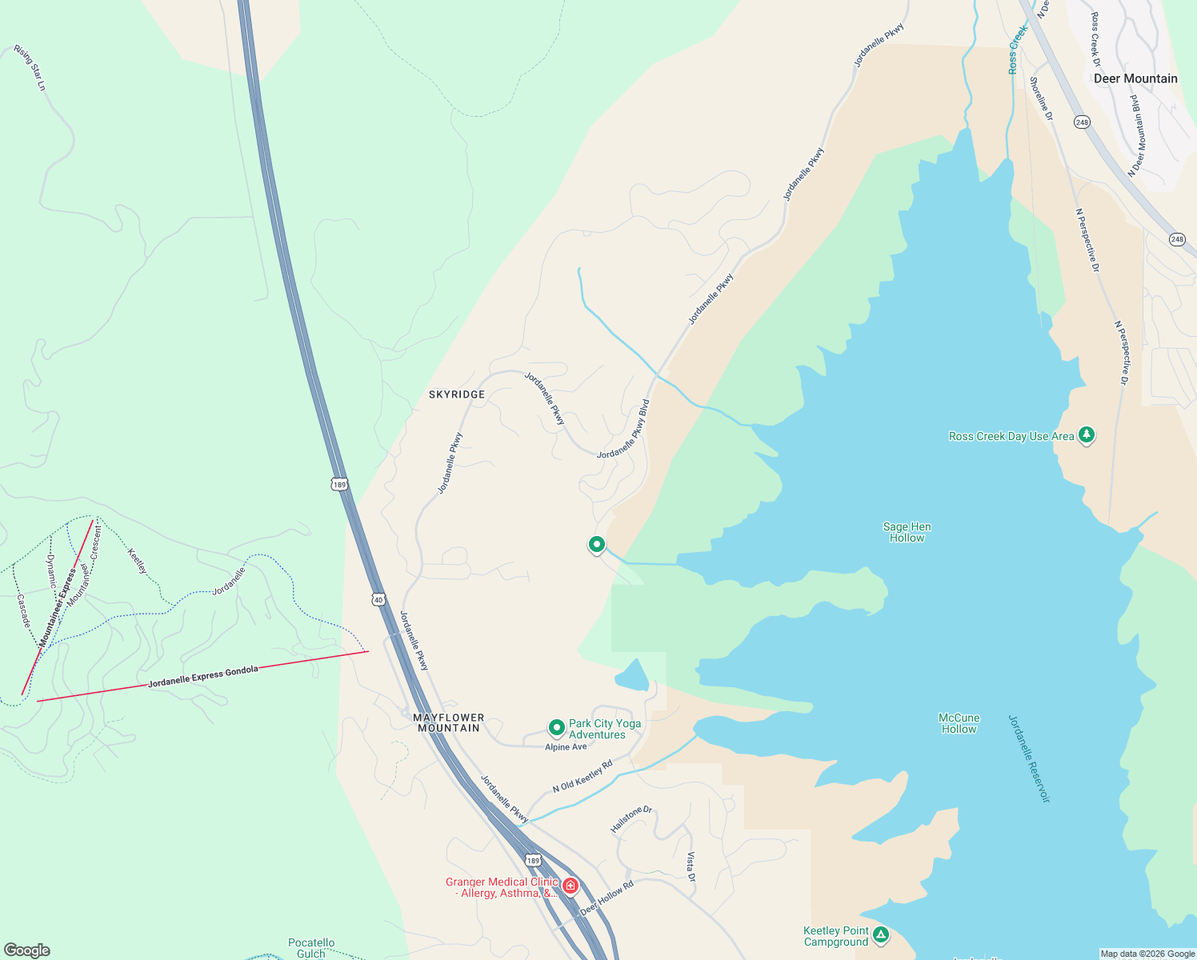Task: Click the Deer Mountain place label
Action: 1135,78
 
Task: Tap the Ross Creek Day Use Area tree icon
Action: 1086,435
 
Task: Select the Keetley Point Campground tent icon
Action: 880,934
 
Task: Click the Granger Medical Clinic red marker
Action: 570,886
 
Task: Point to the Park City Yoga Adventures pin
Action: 557,728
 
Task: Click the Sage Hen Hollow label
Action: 907,532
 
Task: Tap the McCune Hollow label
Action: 959,723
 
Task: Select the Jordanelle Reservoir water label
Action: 1028,758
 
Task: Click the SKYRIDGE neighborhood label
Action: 457,394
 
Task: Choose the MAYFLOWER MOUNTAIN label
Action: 449,722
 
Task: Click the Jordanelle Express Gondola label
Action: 203,677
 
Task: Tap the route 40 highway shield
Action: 378,598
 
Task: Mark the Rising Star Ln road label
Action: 30,67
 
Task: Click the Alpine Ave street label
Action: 566,747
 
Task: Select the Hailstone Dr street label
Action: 631,819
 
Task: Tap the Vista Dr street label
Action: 691,866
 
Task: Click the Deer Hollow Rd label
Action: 607,898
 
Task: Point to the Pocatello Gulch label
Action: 311,948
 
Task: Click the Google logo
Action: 27,950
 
